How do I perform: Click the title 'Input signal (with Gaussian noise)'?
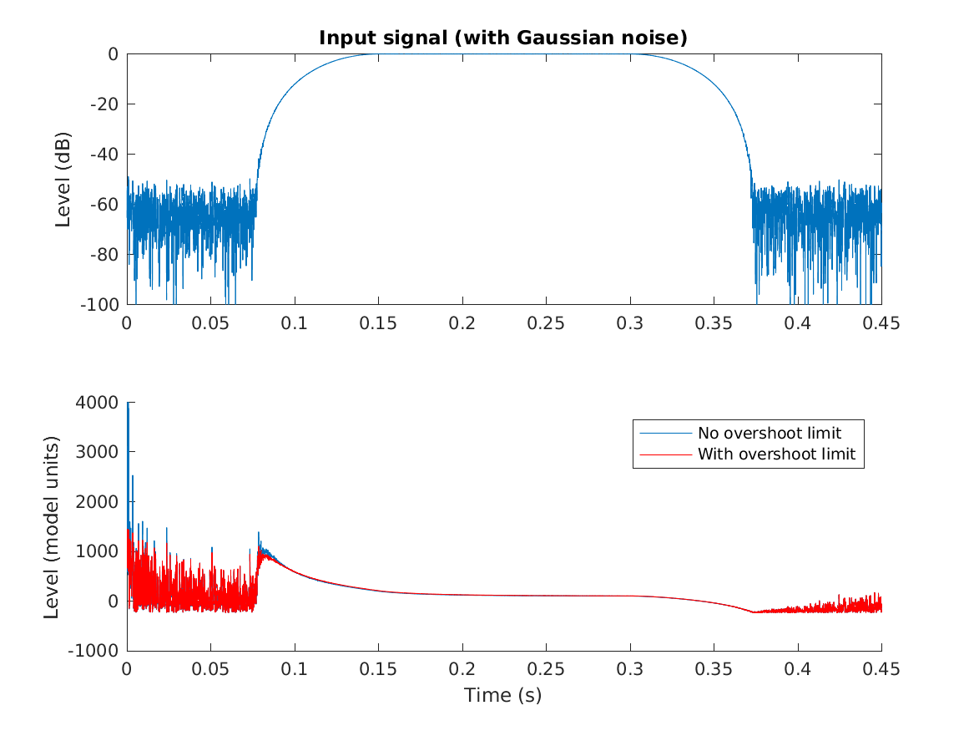coord(503,38)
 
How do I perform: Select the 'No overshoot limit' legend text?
coord(769,433)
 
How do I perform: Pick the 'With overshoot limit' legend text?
coord(776,454)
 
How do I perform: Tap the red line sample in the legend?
coord(665,454)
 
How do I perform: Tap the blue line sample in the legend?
coord(665,433)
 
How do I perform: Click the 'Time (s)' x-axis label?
coord(503,695)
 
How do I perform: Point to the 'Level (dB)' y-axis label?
coord(63,179)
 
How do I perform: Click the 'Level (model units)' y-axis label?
coord(52,527)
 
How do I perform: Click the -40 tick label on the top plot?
coord(103,155)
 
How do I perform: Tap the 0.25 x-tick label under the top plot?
coord(546,324)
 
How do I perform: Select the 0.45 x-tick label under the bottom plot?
coord(881,671)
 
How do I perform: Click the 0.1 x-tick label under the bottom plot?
coord(295,671)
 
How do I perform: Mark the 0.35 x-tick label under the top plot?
coord(714,324)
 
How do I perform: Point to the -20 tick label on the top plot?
coord(103,104)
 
